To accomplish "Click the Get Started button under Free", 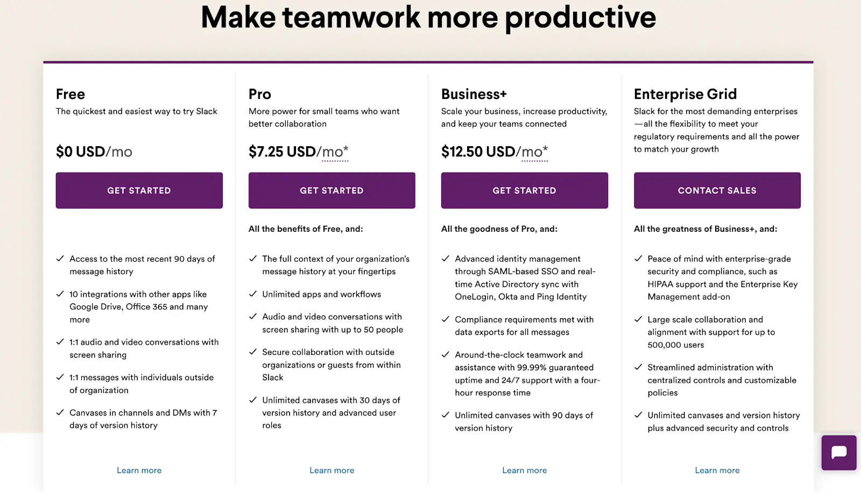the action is point(139,190).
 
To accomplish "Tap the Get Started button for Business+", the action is point(524,190).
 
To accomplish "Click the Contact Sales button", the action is point(717,190).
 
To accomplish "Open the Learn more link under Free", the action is point(139,470).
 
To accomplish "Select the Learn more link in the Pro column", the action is point(331,470).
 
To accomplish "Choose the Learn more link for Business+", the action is point(524,470).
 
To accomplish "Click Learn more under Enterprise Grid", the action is point(717,470).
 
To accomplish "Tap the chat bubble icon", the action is point(839,453).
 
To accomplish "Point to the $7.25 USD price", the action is point(282,152).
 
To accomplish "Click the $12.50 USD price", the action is point(478,152).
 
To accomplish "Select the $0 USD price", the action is point(80,152).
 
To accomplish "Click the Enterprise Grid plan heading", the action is point(686,94).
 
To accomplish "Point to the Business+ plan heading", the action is point(474,94).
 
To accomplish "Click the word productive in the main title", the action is point(581,18).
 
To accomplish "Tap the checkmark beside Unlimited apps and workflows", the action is point(252,294).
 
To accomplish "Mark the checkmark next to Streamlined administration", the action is point(638,367).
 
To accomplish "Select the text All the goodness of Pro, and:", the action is point(499,229).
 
